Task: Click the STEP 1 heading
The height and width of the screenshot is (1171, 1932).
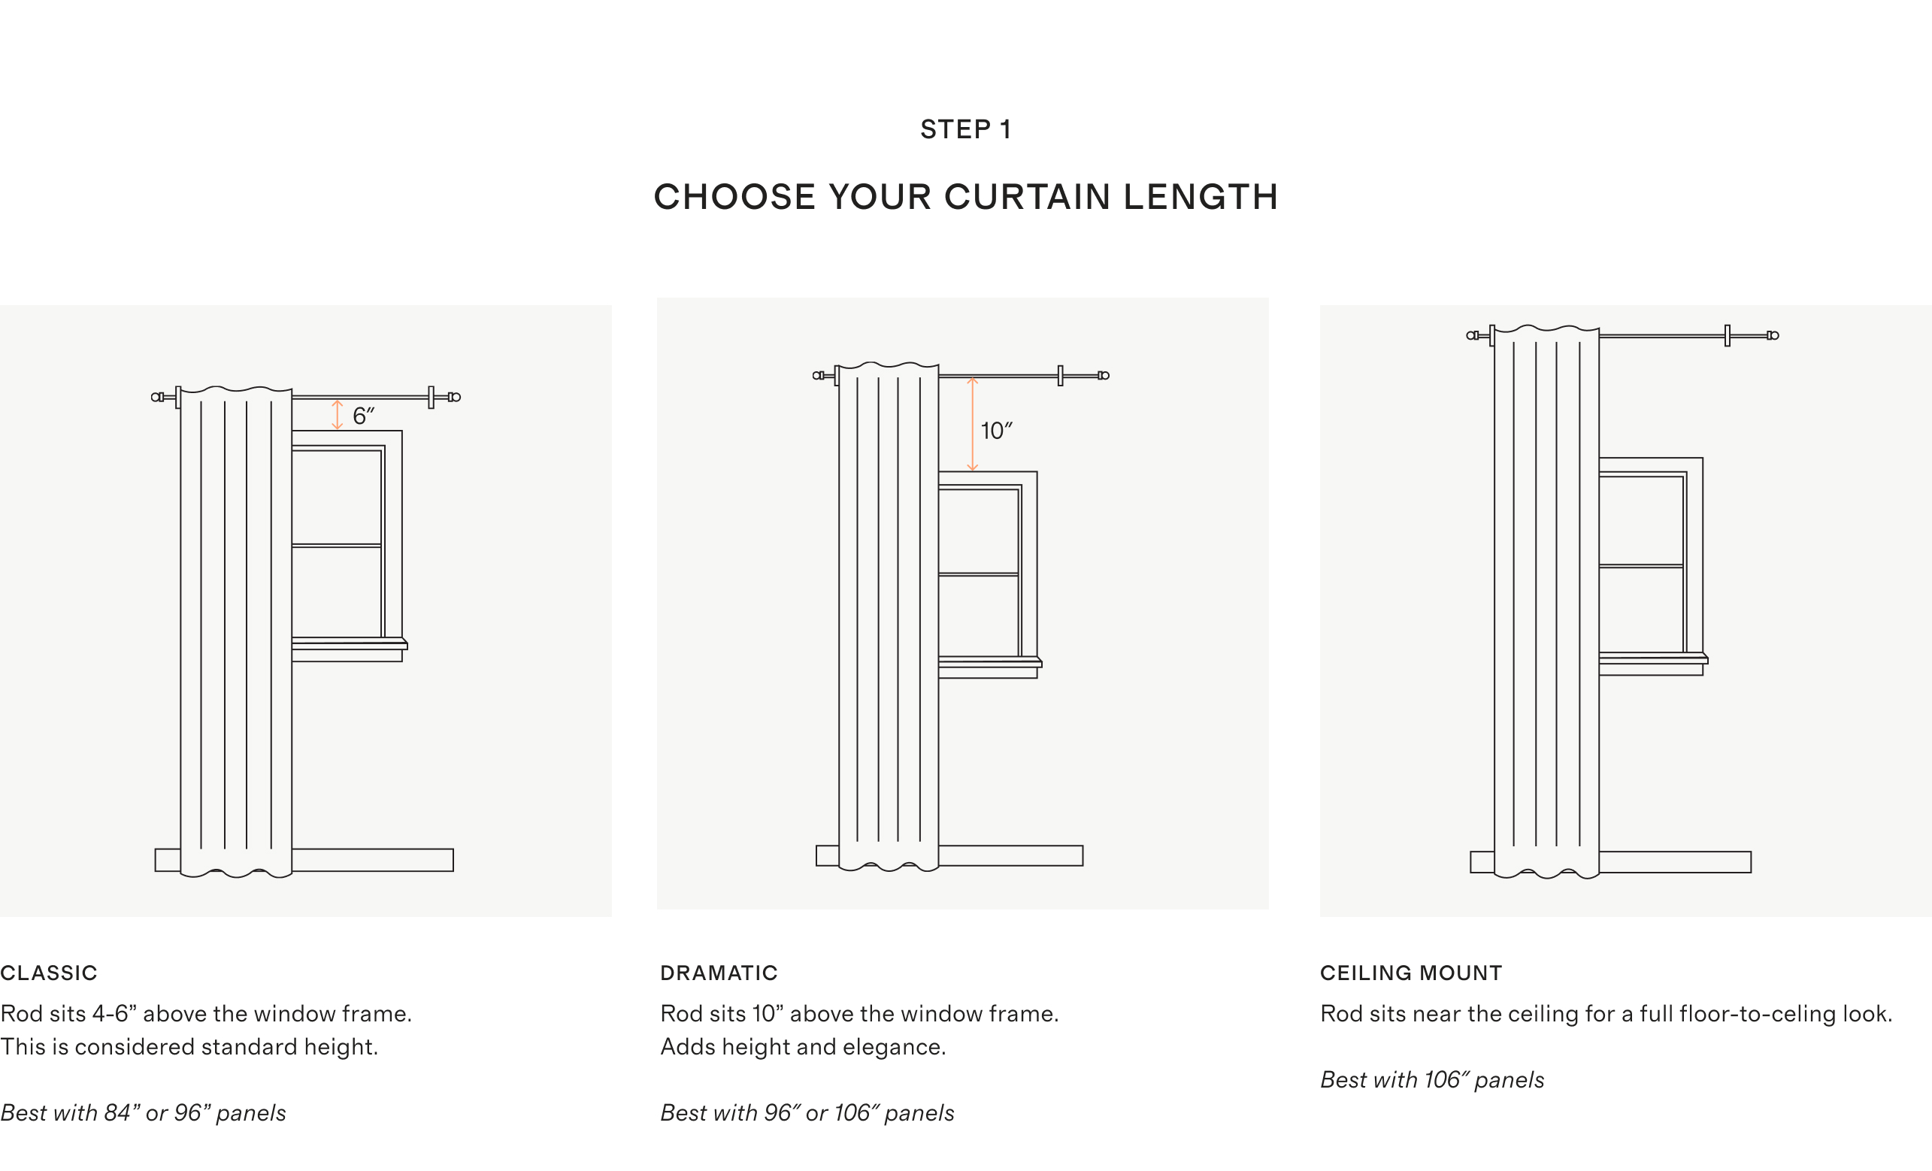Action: coord(965,129)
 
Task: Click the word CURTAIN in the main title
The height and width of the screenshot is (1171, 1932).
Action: coord(1027,197)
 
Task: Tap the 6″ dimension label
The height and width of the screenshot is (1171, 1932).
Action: coord(363,416)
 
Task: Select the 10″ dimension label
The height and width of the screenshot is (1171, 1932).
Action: coord(997,431)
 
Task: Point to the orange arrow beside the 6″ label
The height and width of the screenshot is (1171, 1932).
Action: coord(337,415)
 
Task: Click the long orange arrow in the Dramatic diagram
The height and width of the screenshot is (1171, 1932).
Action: coord(972,424)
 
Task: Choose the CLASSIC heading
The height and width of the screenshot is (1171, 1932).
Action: coord(49,973)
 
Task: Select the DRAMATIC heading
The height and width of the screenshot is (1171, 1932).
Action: coord(719,973)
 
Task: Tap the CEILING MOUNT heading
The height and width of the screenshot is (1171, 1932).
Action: coord(1411,973)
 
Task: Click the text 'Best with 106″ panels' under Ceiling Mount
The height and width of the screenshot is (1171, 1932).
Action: coord(1432,1080)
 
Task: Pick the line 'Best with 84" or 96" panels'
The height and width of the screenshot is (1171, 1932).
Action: coord(143,1113)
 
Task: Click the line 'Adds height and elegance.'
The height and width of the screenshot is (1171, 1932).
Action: coord(803,1047)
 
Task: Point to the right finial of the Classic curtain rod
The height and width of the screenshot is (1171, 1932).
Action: coord(454,398)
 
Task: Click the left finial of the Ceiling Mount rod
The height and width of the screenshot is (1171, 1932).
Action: coord(1473,335)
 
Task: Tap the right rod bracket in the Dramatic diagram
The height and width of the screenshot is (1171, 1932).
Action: coord(1060,376)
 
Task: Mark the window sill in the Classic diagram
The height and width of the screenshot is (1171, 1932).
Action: coord(350,644)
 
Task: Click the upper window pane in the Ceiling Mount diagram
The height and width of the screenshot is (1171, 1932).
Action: coord(1640,520)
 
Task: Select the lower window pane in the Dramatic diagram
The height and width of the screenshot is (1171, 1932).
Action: coord(978,616)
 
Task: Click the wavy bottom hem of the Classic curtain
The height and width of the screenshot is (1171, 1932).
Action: coord(236,872)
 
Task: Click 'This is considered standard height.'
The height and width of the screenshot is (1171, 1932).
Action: coord(189,1047)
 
